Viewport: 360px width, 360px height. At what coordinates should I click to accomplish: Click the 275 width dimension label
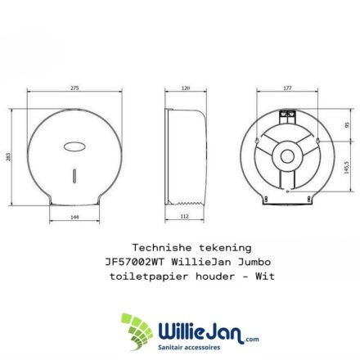[x=74, y=88]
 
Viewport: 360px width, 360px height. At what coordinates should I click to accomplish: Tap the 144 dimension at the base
[x=74, y=217]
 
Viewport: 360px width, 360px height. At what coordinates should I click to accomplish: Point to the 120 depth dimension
[x=186, y=88]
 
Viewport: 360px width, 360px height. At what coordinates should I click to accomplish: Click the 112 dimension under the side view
[x=185, y=216]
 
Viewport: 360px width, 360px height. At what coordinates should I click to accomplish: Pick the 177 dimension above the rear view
[x=287, y=88]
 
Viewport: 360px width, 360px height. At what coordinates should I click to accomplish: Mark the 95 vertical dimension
[x=347, y=125]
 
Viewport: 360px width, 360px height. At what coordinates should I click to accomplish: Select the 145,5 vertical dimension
[x=347, y=167]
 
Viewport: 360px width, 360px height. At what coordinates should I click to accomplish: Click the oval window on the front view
[x=74, y=146]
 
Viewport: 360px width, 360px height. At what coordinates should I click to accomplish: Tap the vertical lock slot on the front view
[x=74, y=176]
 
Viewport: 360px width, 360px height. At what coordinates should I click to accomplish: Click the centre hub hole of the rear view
[x=287, y=156]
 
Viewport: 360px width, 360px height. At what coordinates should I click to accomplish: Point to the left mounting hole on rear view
[x=257, y=141]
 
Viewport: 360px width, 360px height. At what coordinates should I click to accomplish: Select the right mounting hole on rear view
[x=318, y=141]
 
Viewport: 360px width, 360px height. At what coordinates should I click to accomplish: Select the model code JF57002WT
[x=134, y=262]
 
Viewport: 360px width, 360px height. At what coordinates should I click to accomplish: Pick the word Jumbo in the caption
[x=254, y=262]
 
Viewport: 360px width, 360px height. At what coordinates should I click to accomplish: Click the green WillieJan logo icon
[x=137, y=331]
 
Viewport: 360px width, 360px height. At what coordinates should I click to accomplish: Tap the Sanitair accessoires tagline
[x=189, y=347]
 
